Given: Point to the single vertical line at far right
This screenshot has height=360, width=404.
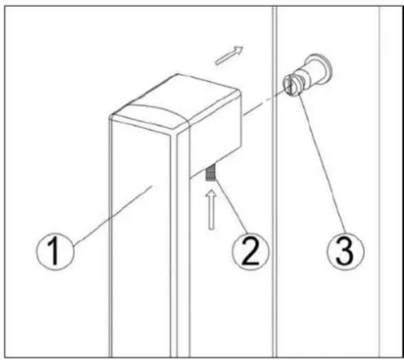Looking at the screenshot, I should (x=379, y=207).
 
